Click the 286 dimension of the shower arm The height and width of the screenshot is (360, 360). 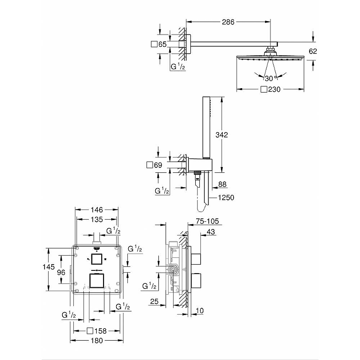click(228, 22)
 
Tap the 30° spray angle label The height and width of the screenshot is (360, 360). click(270, 78)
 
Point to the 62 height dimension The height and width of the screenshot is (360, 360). click(313, 51)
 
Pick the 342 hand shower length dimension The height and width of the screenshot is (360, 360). click(221, 135)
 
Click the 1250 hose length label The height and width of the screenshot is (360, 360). click(226, 198)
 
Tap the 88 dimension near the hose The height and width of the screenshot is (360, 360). click(222, 184)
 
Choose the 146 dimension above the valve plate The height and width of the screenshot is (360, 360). click(97, 210)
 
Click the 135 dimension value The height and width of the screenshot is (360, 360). click(97, 219)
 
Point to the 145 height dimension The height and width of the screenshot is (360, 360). click(49, 267)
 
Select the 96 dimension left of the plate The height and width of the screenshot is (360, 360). click(61, 272)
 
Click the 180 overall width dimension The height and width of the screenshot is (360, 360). click(97, 341)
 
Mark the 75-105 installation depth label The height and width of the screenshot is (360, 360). click(207, 221)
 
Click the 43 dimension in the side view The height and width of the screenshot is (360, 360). click(211, 232)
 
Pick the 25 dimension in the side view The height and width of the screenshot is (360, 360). click(154, 301)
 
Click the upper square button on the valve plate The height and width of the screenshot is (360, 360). click(97, 259)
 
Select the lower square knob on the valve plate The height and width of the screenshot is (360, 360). click(97, 280)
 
